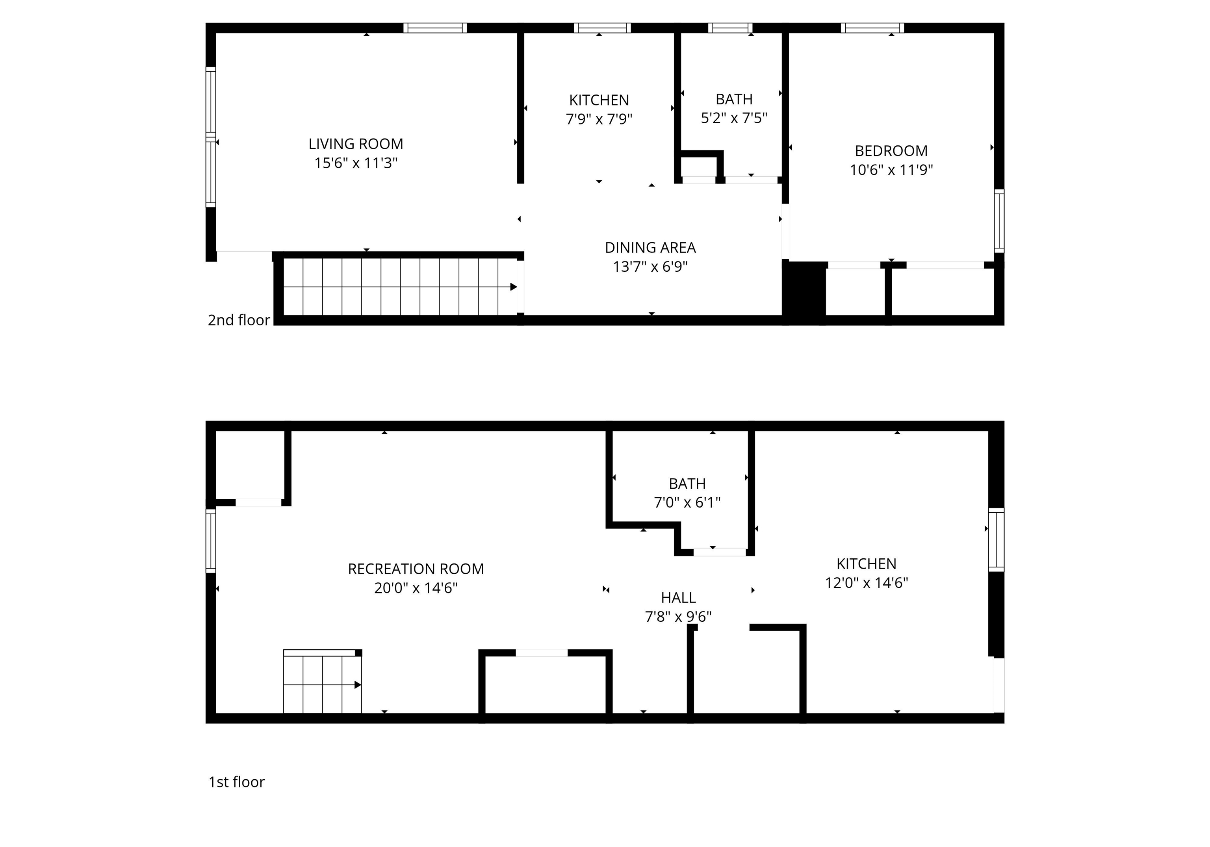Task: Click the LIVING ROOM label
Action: coord(356,144)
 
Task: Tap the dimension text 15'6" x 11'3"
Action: coord(356,163)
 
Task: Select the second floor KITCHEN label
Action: coord(599,100)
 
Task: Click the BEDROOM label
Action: coord(891,151)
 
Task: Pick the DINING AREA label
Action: coord(650,248)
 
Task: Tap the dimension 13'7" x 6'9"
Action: coord(650,267)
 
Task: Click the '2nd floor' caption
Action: coord(239,320)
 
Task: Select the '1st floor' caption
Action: coord(237,782)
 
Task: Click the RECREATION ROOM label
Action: coord(416,569)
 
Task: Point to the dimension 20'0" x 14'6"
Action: coord(416,588)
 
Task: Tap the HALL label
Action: coord(678,598)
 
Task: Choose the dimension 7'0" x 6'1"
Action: coord(687,502)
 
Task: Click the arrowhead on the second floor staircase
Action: coord(513,287)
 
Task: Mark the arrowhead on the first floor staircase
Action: coord(358,685)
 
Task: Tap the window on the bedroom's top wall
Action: coord(872,28)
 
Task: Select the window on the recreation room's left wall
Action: coord(211,540)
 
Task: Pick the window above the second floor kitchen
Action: coord(602,28)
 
